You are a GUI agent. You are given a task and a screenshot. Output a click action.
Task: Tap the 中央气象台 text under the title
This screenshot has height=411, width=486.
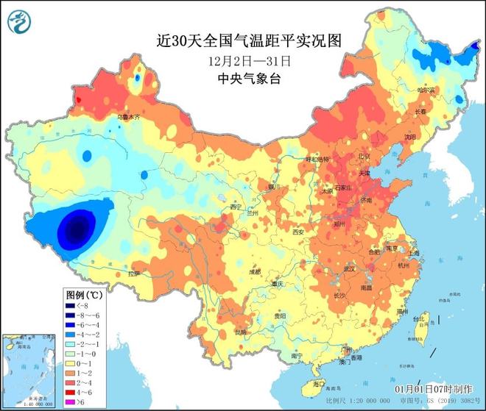(x=243, y=79)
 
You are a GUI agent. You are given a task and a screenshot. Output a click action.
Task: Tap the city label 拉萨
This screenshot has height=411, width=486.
(x=133, y=274)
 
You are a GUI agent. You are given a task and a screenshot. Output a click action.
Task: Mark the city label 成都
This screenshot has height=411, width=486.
(x=254, y=272)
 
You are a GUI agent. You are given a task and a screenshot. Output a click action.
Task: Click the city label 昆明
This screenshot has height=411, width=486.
(x=241, y=332)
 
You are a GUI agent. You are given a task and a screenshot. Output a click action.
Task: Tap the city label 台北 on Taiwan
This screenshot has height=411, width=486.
(x=420, y=318)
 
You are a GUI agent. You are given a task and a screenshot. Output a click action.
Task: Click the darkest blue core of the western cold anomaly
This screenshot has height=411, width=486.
(x=74, y=230)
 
